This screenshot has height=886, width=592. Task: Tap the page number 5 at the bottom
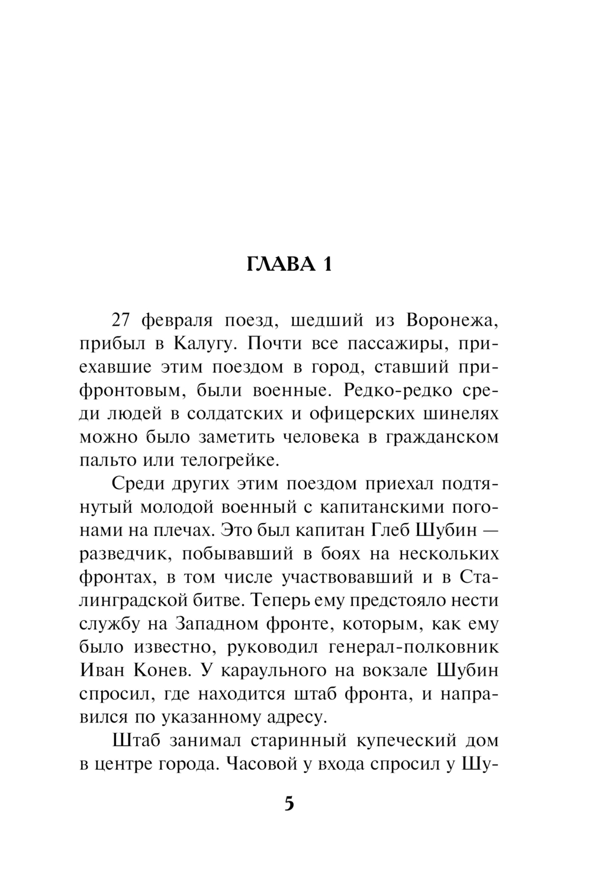click(289, 804)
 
